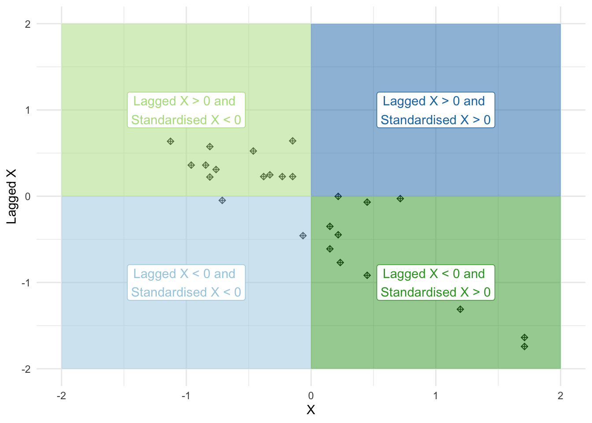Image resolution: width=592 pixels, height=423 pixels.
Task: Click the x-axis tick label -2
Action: tap(61, 396)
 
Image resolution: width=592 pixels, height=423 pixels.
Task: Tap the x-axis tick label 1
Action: tap(436, 396)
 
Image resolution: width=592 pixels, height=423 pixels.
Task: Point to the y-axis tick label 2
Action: tap(28, 24)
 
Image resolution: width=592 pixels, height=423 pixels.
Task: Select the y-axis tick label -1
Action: tap(26, 283)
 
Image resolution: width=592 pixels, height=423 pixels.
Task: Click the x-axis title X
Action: tap(311, 410)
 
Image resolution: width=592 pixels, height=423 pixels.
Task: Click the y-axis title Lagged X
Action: tap(11, 196)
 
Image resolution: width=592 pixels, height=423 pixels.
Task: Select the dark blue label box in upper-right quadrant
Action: tap(436, 110)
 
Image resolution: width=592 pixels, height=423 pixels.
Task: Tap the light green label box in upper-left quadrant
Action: tap(186, 110)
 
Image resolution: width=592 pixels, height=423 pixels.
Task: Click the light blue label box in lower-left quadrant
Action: tap(186, 282)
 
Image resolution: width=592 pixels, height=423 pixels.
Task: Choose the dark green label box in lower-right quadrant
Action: tap(436, 282)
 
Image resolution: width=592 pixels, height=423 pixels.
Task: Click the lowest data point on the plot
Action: tap(524, 346)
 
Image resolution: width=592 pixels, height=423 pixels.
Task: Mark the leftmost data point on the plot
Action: tap(170, 141)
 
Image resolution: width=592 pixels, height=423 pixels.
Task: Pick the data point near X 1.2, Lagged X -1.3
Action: tap(460, 309)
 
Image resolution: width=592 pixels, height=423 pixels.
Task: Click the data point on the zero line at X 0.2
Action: tap(338, 197)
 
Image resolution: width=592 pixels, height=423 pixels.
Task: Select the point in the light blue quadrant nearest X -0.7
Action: tap(222, 200)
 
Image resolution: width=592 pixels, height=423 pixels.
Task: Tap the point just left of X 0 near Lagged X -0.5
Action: tap(303, 236)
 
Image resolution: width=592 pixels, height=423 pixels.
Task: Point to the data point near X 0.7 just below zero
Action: tap(400, 199)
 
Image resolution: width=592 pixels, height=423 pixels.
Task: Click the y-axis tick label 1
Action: tap(28, 110)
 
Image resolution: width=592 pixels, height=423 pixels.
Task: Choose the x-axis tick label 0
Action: tap(311, 396)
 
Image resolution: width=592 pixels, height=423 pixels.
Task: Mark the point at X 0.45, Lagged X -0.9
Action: tap(367, 275)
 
